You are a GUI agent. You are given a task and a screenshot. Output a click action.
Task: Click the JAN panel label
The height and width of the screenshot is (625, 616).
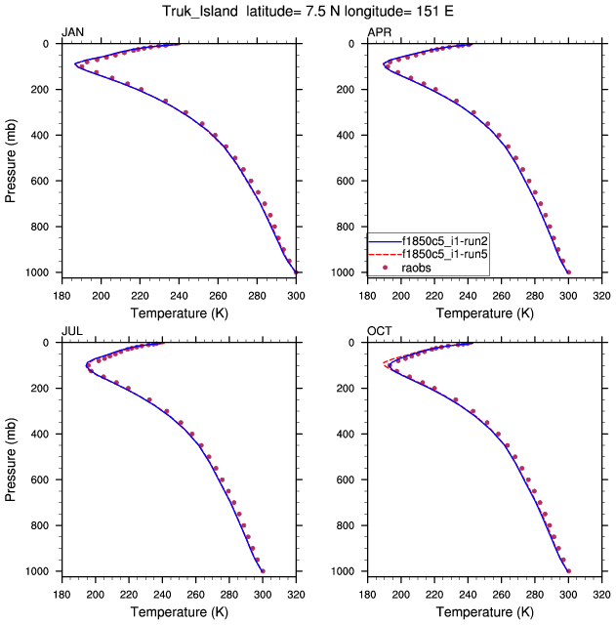[72, 33]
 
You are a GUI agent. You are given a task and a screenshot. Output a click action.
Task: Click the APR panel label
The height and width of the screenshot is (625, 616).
[379, 33]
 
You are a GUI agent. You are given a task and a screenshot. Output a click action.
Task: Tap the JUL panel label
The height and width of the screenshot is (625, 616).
[71, 332]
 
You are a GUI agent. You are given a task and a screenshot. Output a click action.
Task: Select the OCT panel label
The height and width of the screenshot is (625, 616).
[379, 332]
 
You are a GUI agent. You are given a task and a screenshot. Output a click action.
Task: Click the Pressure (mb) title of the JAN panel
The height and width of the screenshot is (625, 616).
[11, 158]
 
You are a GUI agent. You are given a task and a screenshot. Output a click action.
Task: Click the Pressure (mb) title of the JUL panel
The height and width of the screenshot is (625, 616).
[11, 457]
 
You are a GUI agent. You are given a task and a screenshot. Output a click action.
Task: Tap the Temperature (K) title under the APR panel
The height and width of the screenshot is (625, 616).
[484, 313]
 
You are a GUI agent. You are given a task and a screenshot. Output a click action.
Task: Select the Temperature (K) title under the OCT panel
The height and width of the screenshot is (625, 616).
[484, 612]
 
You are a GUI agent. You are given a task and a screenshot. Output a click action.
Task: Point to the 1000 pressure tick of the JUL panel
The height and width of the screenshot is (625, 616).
[40, 571]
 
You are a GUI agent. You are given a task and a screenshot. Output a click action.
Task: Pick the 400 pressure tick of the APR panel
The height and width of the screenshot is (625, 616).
[349, 136]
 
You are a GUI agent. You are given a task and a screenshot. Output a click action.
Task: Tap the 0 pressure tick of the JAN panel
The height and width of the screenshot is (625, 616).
[48, 44]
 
